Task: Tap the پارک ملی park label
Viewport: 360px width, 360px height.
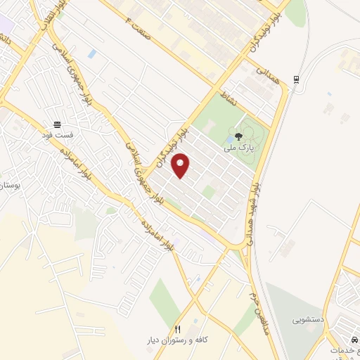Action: click(x=238, y=149)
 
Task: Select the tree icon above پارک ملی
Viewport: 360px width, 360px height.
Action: click(x=239, y=137)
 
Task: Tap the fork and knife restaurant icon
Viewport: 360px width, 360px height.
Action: click(x=178, y=328)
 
